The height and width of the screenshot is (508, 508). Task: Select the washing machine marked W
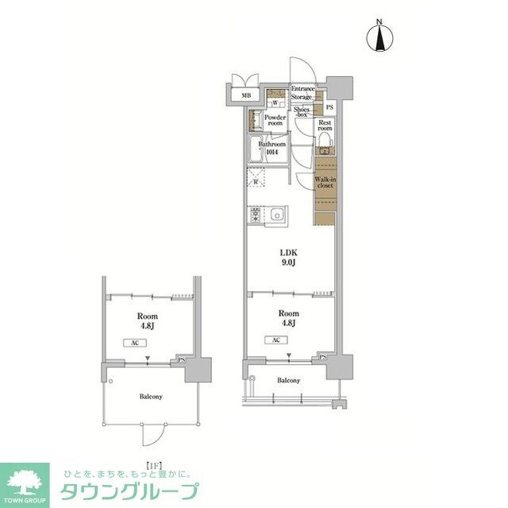click(275, 103)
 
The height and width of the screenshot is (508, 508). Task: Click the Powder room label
click(275, 120)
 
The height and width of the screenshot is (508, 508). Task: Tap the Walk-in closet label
click(326, 184)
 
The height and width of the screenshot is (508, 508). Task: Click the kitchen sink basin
click(278, 214)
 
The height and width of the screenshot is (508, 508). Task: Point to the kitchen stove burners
click(256, 215)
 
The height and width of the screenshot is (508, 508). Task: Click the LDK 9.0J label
click(287, 260)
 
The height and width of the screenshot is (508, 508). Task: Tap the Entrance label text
click(303, 88)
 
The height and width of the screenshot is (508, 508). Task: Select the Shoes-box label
click(302, 112)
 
